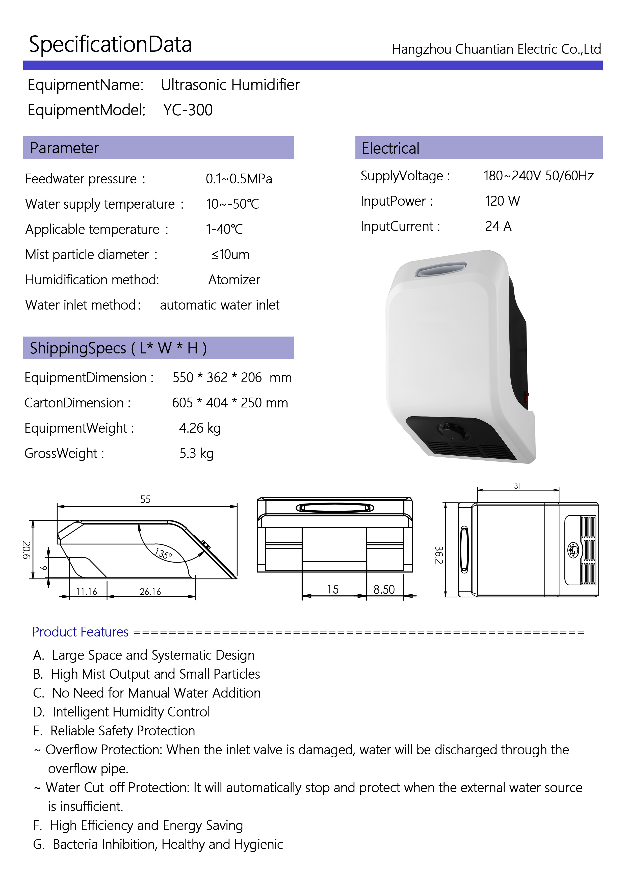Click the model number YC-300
point(188,110)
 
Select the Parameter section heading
point(64,148)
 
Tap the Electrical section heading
point(390,148)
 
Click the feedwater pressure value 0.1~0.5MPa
point(239,179)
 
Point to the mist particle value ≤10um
point(230,255)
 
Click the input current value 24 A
point(498,226)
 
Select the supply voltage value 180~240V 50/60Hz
point(538,176)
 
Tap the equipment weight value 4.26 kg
point(200,428)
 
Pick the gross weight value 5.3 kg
point(196,454)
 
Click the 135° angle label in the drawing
point(163,554)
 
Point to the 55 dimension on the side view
point(145,500)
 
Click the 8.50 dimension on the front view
point(384,589)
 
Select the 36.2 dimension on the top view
point(438,555)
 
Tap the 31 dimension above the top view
point(518,486)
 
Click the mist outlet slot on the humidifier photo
point(441,269)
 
